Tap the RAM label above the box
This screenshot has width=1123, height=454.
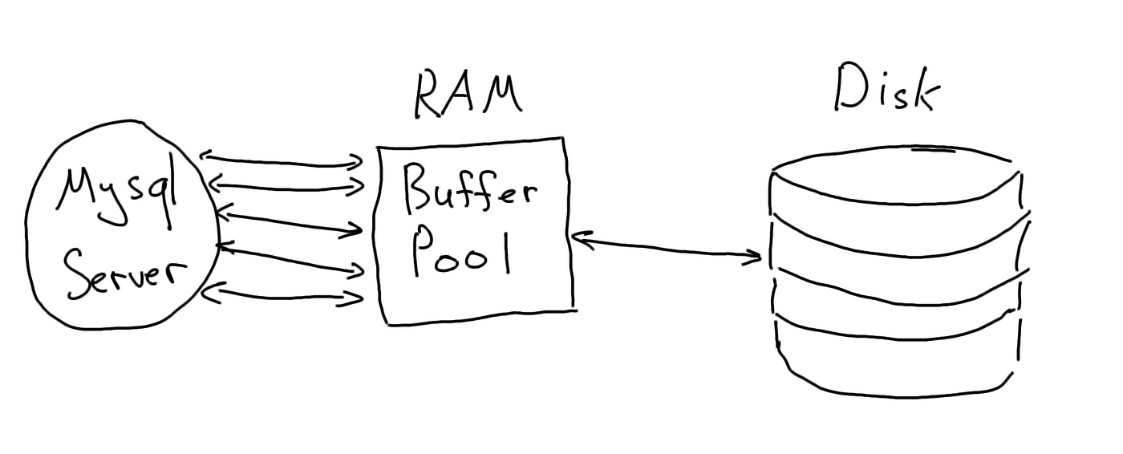[x=468, y=95]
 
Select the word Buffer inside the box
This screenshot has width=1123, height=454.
[x=470, y=193]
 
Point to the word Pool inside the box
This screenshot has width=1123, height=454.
[x=462, y=250]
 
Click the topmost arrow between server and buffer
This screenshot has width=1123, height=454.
[x=282, y=160]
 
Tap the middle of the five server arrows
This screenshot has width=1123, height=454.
[x=290, y=222]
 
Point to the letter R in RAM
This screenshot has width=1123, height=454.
[x=429, y=95]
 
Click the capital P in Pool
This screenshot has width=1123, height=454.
[x=424, y=250]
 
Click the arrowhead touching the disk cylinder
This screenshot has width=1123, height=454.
[x=752, y=257]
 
